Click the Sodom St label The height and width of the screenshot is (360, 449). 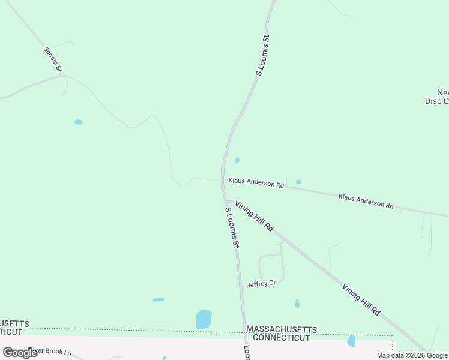(53, 59)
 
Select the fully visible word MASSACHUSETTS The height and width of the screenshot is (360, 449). (282, 330)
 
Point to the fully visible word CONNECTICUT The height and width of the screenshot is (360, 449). (282, 338)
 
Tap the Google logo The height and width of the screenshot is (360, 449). (20, 353)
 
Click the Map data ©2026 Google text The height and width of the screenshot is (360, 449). (412, 355)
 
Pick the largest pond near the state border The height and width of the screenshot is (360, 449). (203, 319)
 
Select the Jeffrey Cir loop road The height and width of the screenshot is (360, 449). (271, 267)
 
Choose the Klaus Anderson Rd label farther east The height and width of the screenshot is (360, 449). (366, 201)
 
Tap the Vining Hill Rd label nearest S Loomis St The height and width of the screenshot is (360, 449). (255, 217)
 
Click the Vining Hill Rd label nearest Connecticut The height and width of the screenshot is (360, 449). (361, 300)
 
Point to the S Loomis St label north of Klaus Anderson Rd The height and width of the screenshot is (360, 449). (263, 55)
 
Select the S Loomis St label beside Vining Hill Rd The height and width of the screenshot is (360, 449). (232, 228)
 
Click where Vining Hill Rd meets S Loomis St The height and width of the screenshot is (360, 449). (227, 202)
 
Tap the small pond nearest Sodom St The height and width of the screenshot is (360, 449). (78, 122)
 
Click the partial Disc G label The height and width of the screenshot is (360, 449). (436, 101)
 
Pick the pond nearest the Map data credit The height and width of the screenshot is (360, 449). (351, 341)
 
